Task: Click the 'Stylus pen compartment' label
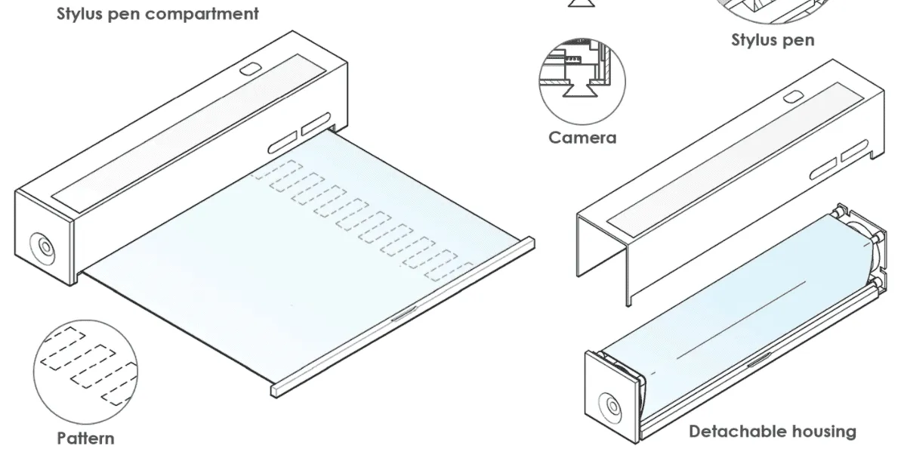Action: pos(158,14)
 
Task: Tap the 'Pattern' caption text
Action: pos(86,438)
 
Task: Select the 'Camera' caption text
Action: pos(582,138)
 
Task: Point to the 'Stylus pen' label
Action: pos(773,40)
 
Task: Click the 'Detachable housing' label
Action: pos(773,432)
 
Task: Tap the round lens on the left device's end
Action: pos(42,248)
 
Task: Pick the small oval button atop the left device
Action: pos(249,70)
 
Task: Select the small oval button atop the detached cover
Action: pos(791,97)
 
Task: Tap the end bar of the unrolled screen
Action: pos(400,317)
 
